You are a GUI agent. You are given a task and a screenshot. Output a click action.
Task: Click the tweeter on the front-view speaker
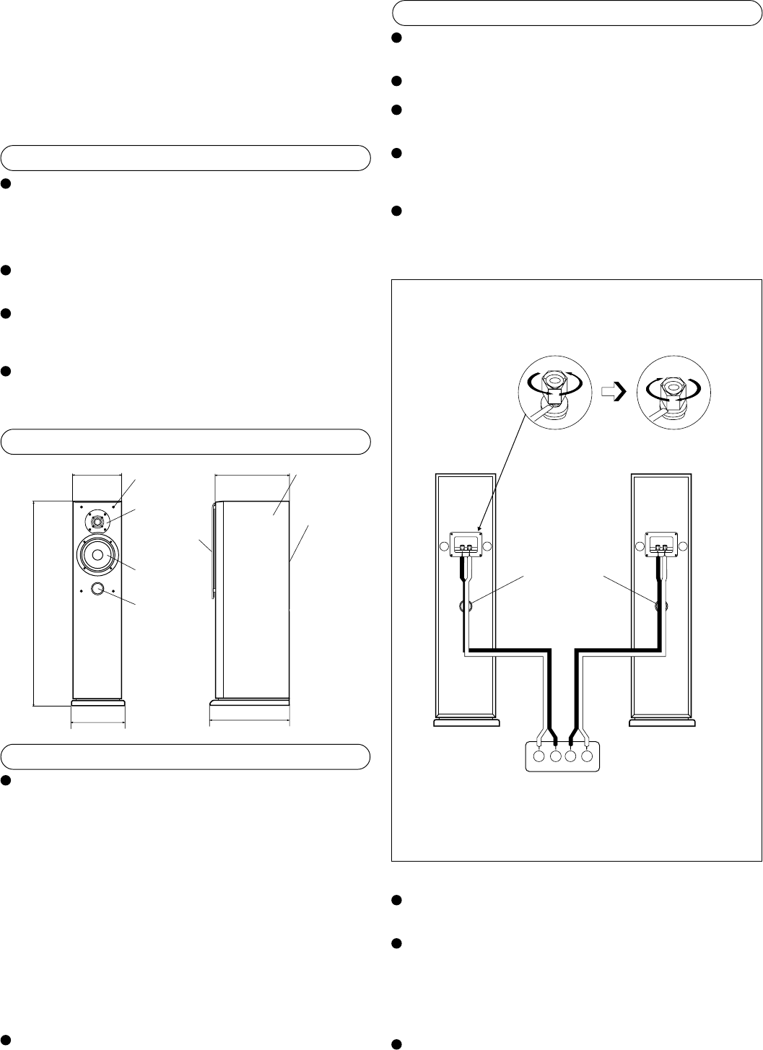(x=97, y=520)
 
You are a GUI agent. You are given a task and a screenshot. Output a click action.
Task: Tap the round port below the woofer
(x=97, y=590)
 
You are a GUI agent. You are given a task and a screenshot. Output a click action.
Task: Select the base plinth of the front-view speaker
(x=97, y=703)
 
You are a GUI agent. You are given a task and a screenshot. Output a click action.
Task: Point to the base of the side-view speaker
(x=250, y=703)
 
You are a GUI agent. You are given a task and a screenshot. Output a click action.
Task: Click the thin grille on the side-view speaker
(x=212, y=548)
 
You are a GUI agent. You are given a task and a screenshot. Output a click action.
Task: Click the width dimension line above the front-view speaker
(x=97, y=475)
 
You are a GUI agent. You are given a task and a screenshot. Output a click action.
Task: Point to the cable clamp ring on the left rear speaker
(x=466, y=606)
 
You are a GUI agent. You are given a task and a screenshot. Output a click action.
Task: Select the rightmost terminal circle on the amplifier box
(x=587, y=757)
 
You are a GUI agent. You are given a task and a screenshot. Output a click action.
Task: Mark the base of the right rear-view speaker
(x=661, y=722)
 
